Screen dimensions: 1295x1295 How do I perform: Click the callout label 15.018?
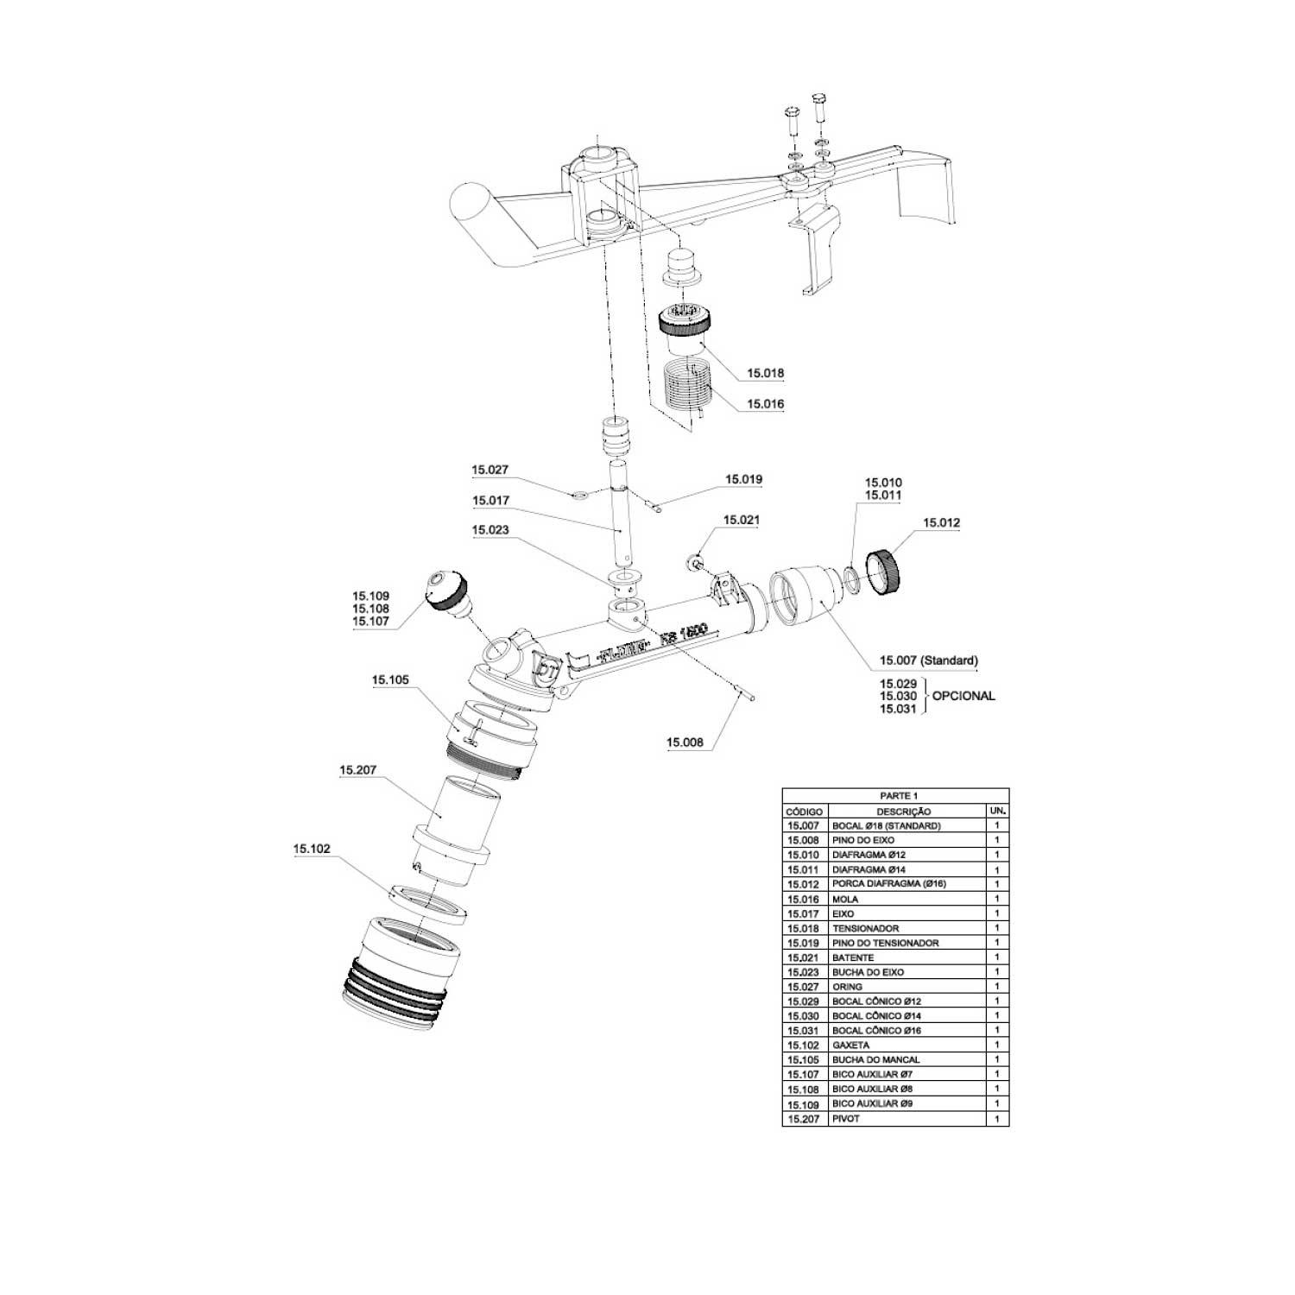tap(765, 374)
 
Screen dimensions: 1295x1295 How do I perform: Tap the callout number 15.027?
tap(490, 471)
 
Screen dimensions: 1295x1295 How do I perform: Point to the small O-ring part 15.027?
tap(579, 496)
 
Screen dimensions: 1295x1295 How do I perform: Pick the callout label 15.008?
tap(685, 742)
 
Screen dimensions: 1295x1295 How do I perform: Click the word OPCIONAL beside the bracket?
tap(963, 696)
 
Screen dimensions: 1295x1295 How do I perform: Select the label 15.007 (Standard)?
tap(928, 660)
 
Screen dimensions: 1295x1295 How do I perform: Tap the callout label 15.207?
tap(357, 769)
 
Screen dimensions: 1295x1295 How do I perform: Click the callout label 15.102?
tap(311, 849)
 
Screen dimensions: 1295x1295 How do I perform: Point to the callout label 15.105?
tap(390, 680)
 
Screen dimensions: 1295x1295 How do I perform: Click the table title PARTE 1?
tap(894, 795)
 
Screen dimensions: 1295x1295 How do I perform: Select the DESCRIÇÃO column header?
tap(903, 812)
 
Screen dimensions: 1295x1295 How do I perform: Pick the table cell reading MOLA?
tap(845, 899)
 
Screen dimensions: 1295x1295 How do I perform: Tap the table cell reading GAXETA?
tap(850, 1045)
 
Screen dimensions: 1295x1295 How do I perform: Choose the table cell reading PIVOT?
tap(845, 1118)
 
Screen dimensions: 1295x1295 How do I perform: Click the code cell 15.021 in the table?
tap(803, 957)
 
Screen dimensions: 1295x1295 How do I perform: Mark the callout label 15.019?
tap(743, 479)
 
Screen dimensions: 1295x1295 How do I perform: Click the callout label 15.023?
tap(490, 530)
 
